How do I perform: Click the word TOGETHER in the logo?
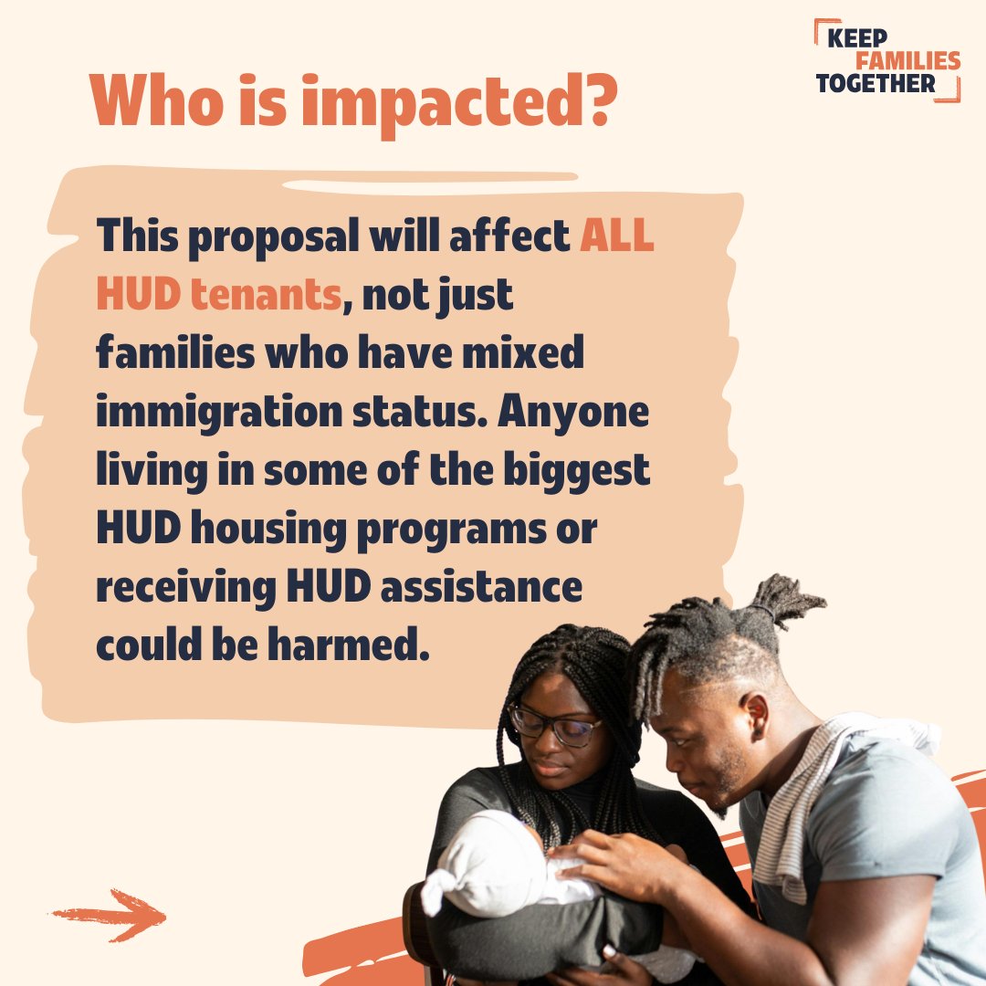tap(876, 85)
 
